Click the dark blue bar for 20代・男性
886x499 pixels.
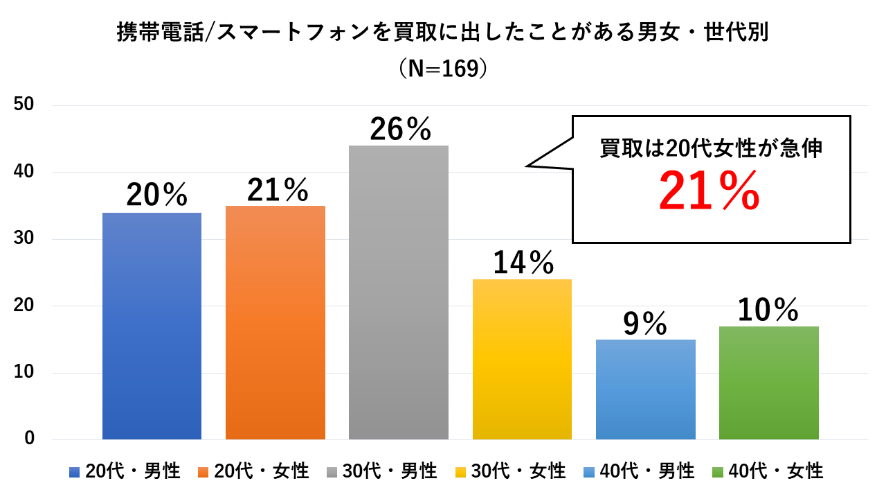pos(152,326)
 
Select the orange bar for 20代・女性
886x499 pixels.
pos(275,322)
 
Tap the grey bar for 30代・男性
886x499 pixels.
pos(399,292)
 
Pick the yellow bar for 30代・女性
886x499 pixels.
pos(522,359)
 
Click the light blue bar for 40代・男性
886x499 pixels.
pos(645,389)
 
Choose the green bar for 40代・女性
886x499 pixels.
pos(768,383)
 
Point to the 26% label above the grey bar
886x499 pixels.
pos(400,128)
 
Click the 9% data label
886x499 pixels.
pos(644,323)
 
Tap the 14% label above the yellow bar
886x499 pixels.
pos(523,263)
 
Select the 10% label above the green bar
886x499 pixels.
pos(768,310)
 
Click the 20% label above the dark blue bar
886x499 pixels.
pos(156,196)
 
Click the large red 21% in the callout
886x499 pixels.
pos(709,192)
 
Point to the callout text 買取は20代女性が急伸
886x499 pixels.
pos(711,148)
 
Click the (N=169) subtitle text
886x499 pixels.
pos(443,69)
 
